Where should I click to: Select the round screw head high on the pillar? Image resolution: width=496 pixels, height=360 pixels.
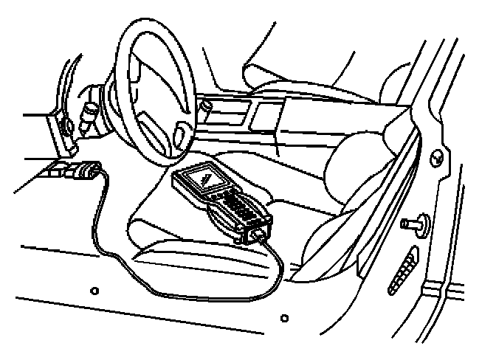tap(437, 155)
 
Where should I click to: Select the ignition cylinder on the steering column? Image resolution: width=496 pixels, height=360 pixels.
tap(90, 111)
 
